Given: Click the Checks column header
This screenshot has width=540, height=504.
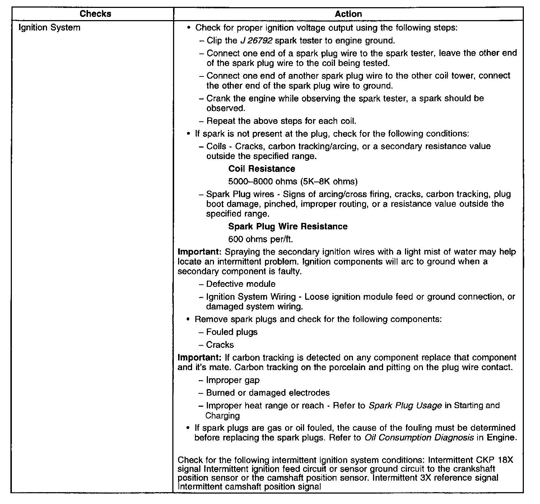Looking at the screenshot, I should [95, 14].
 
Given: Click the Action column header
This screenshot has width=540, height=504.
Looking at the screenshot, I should [348, 14].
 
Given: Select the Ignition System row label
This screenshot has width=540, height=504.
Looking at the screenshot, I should [49, 28].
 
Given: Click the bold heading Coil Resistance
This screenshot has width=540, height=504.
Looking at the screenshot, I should [262, 169].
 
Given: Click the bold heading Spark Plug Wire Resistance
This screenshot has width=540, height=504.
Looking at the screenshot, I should [288, 227].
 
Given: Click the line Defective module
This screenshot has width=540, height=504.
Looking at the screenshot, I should [241, 284].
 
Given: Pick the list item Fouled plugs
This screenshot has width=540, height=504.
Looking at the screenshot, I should [232, 332].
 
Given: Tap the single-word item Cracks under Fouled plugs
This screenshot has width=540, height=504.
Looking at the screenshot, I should [220, 345].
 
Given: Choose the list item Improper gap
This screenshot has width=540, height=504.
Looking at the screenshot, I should [233, 380].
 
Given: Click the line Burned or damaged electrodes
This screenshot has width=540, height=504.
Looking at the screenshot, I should [267, 393].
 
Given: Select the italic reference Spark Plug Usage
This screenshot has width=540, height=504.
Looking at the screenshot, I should [405, 406].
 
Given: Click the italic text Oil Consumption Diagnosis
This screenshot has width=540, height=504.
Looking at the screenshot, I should [419, 438].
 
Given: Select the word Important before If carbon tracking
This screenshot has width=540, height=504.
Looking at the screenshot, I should [200, 358].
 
